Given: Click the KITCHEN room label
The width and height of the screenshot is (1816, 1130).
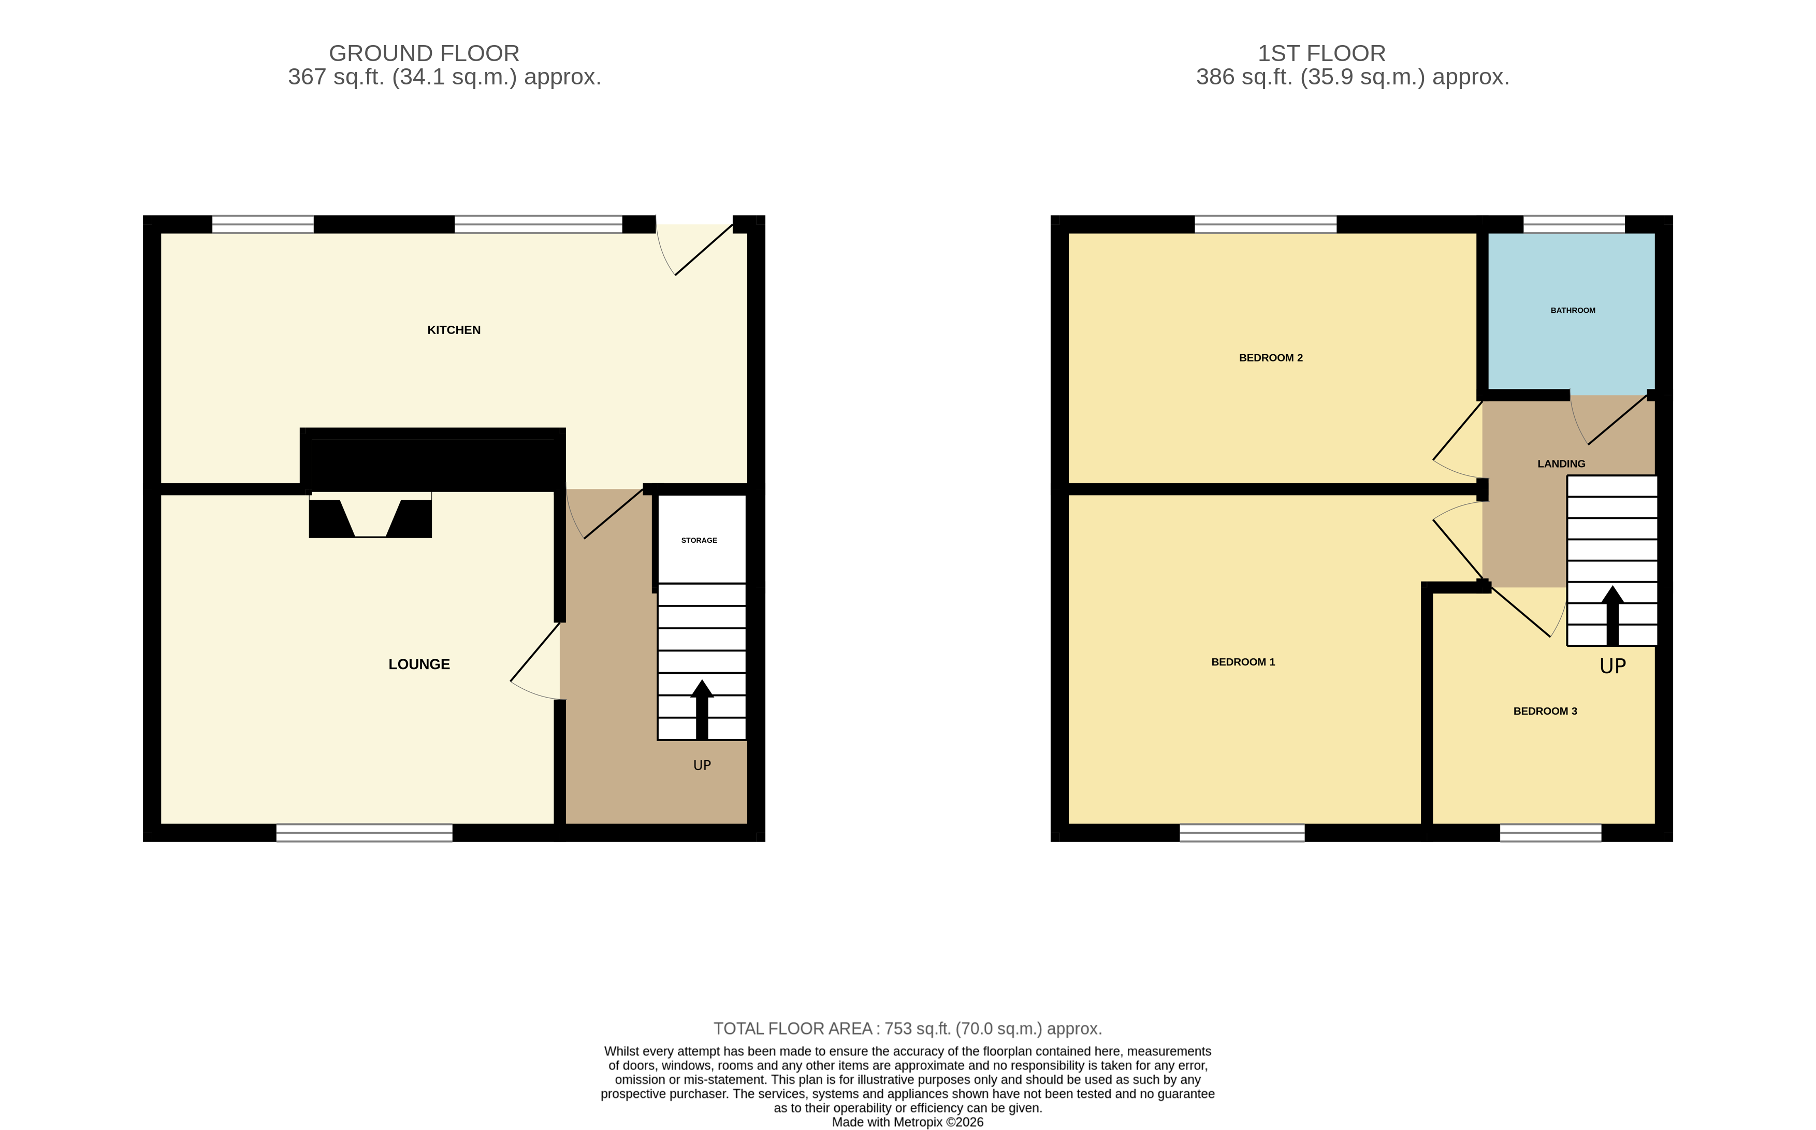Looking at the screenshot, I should tap(454, 329).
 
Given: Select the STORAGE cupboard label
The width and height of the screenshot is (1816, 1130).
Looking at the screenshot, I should tap(699, 540).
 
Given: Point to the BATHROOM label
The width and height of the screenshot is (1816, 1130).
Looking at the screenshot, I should tap(1573, 310).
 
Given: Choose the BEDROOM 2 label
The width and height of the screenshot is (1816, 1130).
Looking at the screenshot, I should tap(1270, 358).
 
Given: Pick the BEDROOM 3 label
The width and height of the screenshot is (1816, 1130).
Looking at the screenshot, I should tap(1545, 711).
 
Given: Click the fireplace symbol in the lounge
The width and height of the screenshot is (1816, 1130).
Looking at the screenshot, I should tap(370, 517).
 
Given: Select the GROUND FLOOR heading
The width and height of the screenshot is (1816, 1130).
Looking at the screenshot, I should tap(424, 54).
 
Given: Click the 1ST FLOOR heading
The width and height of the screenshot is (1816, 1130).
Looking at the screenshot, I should tap(1321, 54).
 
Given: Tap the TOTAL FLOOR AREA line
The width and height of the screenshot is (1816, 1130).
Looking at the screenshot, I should tap(907, 1028).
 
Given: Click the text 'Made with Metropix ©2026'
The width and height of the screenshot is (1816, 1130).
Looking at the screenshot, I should tap(907, 1122).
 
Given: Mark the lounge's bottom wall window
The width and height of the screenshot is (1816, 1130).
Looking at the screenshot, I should tap(364, 833).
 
